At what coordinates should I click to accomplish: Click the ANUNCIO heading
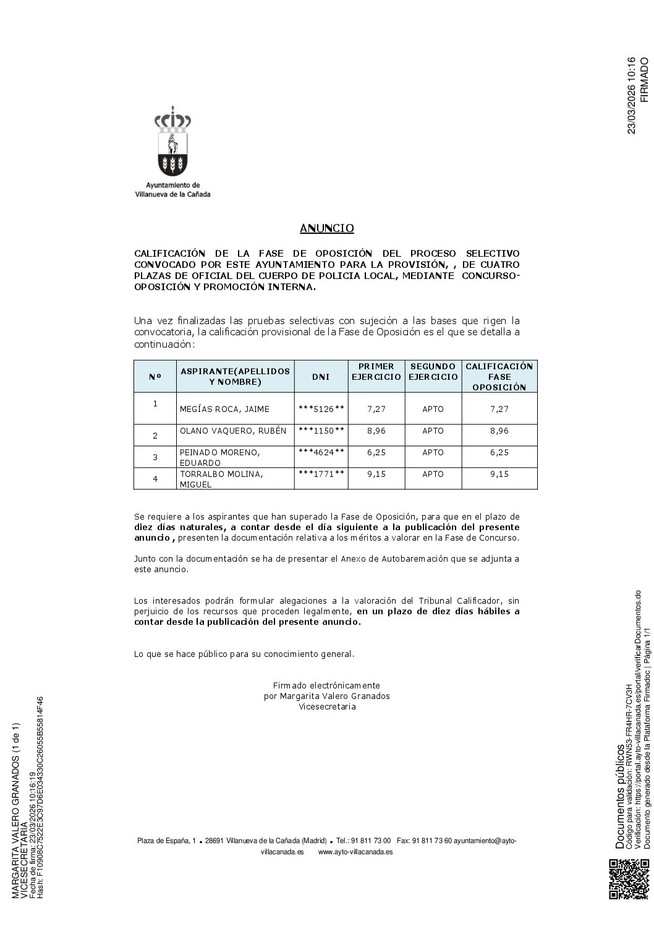(x=326, y=228)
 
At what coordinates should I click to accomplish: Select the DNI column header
(x=321, y=376)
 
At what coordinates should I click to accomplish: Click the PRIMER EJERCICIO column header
(x=376, y=371)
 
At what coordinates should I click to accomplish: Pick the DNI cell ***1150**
(x=321, y=431)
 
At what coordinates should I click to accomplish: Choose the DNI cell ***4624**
(x=321, y=452)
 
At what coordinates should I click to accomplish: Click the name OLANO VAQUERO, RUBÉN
(x=233, y=431)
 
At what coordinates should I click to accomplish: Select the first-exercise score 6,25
(x=376, y=452)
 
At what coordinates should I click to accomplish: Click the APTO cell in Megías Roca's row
(x=433, y=409)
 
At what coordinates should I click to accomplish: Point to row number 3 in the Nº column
(x=155, y=457)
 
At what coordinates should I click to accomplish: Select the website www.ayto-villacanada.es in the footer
(x=355, y=851)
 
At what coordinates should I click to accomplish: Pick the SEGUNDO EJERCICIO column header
(x=433, y=371)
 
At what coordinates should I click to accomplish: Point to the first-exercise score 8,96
(x=376, y=431)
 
